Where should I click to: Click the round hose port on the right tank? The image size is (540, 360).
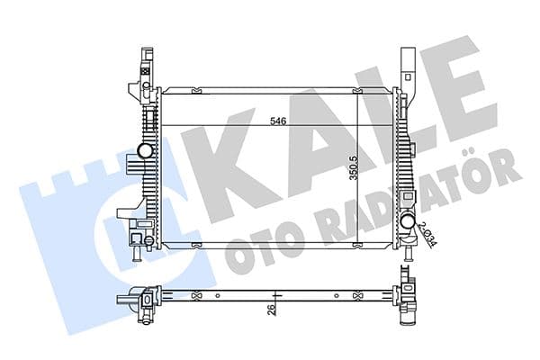407,221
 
